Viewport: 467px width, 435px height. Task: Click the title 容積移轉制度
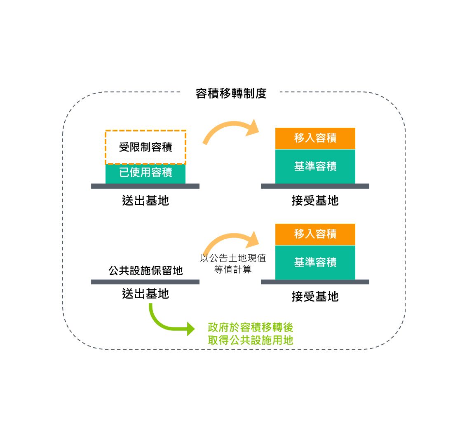pos(231,94)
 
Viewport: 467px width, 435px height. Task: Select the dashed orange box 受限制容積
pos(145,147)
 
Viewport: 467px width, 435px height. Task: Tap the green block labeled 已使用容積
pos(145,173)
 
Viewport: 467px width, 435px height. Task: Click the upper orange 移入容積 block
pos(315,138)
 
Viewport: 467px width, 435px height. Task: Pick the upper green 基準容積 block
pos(315,166)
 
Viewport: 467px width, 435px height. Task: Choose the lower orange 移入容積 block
pos(315,234)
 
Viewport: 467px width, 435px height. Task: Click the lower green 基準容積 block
pos(315,262)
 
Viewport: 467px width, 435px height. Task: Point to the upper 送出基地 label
pos(145,201)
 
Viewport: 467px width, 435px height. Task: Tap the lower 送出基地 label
pos(145,294)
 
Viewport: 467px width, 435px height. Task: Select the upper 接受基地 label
pos(315,201)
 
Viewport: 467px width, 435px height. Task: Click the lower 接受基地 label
pos(315,297)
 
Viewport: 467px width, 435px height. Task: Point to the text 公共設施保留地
pos(145,271)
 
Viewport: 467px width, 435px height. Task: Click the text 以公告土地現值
pos(233,259)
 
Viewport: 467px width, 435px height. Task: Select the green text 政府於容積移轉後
pos(251,328)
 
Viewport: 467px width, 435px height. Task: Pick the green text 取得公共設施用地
pos(251,340)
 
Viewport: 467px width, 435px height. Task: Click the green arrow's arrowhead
pos(190,329)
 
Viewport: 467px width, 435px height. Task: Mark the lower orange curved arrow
pos(229,239)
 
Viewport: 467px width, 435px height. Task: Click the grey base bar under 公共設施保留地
pos(145,282)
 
